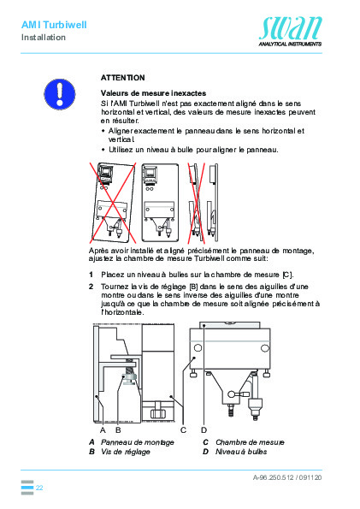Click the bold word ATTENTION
point(123,77)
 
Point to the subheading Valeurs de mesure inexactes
point(149,92)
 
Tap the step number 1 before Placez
point(91,274)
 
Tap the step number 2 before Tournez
point(91,286)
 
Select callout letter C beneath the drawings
point(183,429)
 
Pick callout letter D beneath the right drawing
point(204,429)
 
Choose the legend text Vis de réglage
point(125,451)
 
